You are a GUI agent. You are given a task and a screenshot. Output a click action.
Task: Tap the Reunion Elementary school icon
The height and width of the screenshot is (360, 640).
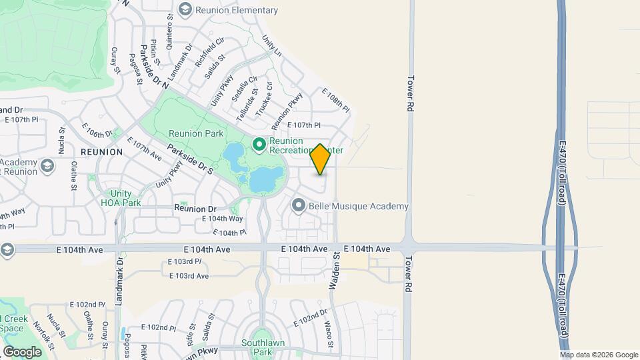185,9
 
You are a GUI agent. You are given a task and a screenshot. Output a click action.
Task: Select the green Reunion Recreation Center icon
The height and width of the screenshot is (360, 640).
259,144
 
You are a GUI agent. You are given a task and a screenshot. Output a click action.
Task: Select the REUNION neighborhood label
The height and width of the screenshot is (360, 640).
101,152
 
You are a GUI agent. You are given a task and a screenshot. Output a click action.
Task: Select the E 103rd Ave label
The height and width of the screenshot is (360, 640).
189,276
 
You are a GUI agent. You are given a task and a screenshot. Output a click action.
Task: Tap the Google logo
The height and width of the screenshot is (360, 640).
22,351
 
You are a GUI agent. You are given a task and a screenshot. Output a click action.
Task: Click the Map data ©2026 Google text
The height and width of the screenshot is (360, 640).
599,355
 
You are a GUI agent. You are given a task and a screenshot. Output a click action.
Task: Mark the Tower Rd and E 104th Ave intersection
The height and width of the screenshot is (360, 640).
407,247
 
